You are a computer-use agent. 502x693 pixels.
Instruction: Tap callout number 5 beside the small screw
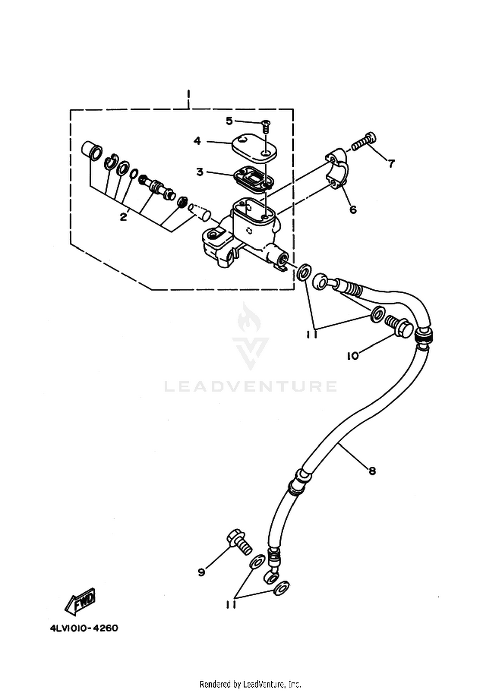pyautogui.click(x=229, y=121)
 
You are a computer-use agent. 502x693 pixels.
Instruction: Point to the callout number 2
pyautogui.click(x=123, y=217)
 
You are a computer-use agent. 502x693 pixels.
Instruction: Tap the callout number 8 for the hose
pyautogui.click(x=372, y=471)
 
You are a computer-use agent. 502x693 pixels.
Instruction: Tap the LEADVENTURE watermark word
pyautogui.click(x=251, y=386)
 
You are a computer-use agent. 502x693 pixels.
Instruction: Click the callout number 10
pyautogui.click(x=352, y=356)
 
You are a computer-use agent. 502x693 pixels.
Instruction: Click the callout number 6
pyautogui.click(x=353, y=210)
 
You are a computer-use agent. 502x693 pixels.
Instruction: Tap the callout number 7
pyautogui.click(x=391, y=164)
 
